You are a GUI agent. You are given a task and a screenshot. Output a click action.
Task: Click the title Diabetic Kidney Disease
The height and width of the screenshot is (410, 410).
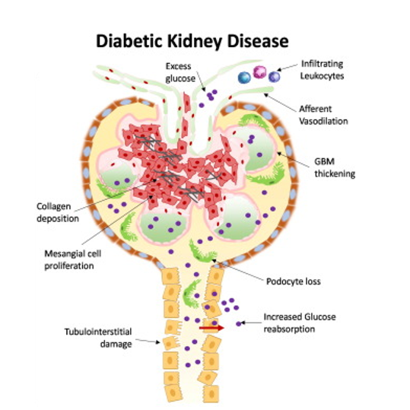click(192, 42)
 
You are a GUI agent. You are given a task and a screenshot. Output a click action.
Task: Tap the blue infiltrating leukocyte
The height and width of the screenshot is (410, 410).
click(244, 78)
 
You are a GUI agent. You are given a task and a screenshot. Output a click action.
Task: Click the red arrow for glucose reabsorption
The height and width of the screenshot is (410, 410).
click(211, 328)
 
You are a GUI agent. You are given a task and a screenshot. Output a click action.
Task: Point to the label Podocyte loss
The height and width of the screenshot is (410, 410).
click(294, 281)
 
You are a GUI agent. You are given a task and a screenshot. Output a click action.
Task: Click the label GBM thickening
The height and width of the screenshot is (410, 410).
click(335, 167)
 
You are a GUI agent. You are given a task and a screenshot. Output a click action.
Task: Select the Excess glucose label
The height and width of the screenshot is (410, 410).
click(180, 72)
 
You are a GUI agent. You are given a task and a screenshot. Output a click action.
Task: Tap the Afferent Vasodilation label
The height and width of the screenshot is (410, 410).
click(323, 115)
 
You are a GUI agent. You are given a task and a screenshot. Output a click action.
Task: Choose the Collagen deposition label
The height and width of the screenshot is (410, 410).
click(58, 212)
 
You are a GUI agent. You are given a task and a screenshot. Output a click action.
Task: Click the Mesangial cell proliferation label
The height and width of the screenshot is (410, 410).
click(73, 259)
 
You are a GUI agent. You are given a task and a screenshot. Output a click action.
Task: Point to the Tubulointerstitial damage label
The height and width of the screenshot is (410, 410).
click(98, 338)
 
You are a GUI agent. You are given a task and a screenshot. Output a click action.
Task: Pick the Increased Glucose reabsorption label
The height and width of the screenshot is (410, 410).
click(300, 323)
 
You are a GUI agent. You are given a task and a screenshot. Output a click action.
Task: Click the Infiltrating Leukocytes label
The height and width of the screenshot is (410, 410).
click(322, 70)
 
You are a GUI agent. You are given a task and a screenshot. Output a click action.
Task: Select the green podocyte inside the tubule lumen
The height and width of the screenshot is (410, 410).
click(191, 294)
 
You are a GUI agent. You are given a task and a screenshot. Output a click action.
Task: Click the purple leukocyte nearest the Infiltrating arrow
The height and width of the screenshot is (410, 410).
click(275, 77)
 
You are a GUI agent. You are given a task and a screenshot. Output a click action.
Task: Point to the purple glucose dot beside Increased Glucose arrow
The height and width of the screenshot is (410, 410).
click(239, 324)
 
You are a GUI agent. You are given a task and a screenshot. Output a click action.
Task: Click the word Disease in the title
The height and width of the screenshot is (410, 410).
click(258, 41)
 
